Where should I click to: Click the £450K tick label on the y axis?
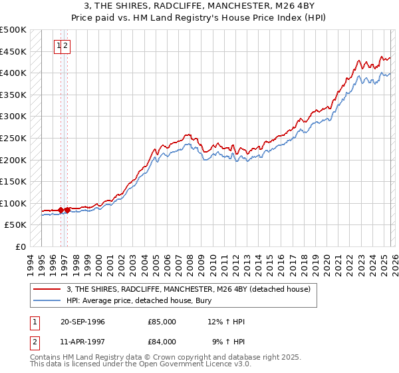(13, 51)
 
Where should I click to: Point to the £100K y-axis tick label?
(13, 203)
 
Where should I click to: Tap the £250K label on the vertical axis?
(13, 138)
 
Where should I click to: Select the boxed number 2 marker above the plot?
(66, 46)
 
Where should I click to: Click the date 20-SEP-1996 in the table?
(82, 322)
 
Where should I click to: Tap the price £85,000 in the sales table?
(162, 322)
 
